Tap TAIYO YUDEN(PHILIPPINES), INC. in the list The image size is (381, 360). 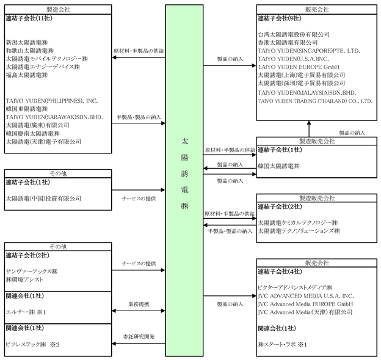(x=51, y=100)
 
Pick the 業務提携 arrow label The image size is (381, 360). (x=138, y=303)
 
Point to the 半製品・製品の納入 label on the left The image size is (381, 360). (x=139, y=116)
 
